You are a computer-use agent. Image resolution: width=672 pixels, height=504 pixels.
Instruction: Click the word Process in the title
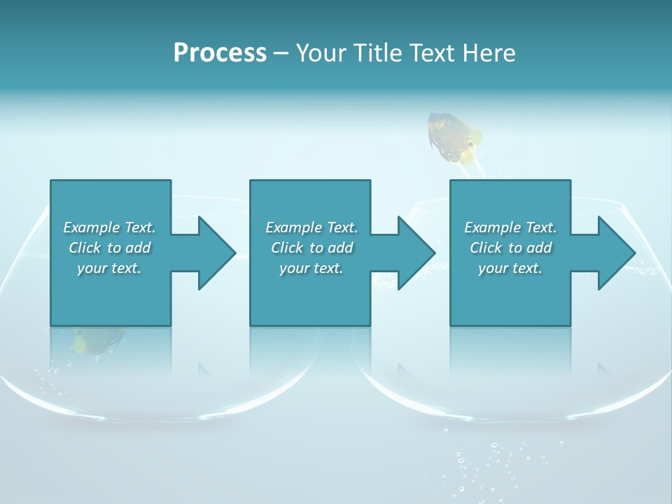tap(220, 53)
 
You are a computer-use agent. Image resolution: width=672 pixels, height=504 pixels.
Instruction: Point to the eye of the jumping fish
tap(470, 145)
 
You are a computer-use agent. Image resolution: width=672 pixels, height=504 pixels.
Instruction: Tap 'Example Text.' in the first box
tap(109, 227)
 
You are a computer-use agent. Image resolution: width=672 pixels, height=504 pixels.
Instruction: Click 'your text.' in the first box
tap(109, 268)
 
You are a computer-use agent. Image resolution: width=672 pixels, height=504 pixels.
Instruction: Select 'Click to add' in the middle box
tap(311, 248)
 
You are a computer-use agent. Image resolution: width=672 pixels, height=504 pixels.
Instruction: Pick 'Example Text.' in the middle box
tap(311, 227)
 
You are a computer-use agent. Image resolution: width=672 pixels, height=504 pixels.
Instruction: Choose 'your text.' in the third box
tap(510, 268)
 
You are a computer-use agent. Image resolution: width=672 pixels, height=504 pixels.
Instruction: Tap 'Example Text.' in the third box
tap(510, 227)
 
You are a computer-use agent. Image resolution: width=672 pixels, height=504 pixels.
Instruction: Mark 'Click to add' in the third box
tap(510, 248)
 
